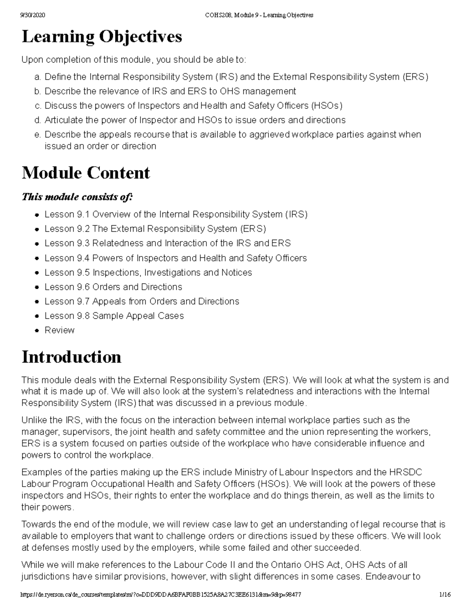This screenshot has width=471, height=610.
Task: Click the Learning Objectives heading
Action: coord(102,37)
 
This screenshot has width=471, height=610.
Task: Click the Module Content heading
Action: coord(86,173)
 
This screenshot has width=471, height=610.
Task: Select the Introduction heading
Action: coord(71,357)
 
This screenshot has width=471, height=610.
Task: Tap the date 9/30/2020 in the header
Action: coord(33,15)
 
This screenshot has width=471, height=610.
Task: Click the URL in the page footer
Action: coord(161,595)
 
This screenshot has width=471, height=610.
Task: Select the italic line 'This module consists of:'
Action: coord(77,196)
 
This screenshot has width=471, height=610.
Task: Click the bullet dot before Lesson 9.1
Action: coord(37,215)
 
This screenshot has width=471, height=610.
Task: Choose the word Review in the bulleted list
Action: coord(59,330)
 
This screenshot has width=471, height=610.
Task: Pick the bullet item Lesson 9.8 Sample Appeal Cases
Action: coord(114,316)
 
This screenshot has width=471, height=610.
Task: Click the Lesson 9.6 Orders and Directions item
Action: coord(113,287)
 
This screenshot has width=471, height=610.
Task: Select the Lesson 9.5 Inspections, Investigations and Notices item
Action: coord(148,273)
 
